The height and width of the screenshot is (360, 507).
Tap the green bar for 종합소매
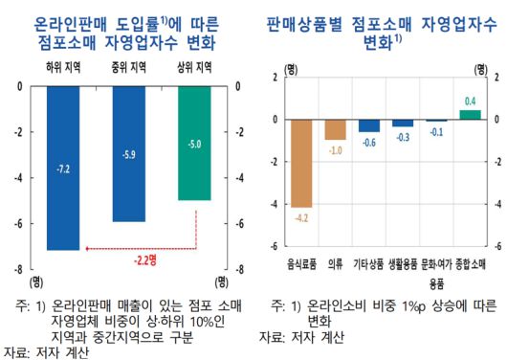[470, 115]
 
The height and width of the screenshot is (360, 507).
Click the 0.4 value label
[470, 101]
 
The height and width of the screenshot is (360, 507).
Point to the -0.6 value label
[369, 143]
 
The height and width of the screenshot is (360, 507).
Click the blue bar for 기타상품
[369, 125]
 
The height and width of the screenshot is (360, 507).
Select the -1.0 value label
[336, 151]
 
